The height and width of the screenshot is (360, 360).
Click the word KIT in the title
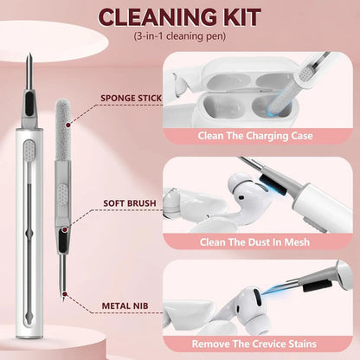[241, 17]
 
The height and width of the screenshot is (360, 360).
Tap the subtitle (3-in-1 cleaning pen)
[179, 36]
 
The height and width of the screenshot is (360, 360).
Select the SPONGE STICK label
[131, 98]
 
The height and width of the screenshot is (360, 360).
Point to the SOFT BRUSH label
[130, 203]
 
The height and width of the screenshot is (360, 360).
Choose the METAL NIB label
[125, 305]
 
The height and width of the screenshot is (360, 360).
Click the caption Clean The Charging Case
[255, 136]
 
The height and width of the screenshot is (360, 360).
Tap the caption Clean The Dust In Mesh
[254, 241]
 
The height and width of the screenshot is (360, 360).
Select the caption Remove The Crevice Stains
[254, 344]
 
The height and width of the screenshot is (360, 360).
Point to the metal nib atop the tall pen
[29, 72]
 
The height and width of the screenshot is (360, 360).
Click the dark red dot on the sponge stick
[68, 125]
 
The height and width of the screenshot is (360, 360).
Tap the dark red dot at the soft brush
[65, 229]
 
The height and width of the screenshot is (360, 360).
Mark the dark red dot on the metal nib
[65, 294]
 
